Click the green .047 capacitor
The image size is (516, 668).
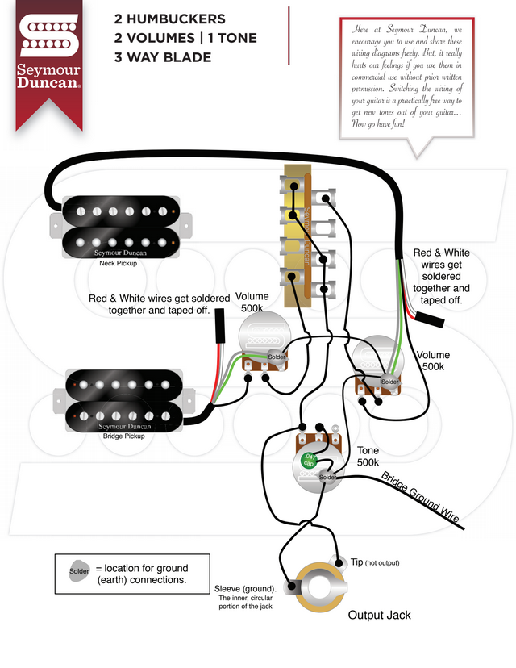click(308, 461)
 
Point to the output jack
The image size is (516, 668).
click(318, 587)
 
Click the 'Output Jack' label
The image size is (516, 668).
click(379, 615)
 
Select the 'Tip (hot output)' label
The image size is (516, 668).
click(375, 562)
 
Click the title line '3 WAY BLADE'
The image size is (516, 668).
click(163, 57)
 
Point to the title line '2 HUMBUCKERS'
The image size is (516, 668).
click(170, 19)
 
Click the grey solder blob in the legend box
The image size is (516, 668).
click(78, 571)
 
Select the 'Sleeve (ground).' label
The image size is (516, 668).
click(246, 587)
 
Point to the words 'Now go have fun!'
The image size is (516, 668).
click(384, 125)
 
